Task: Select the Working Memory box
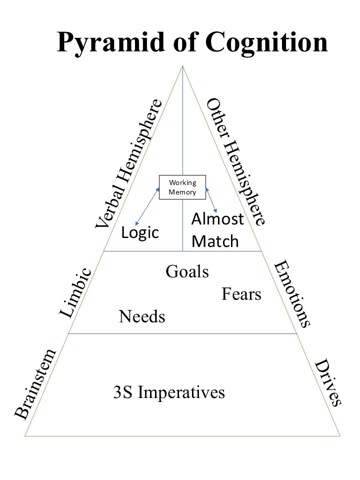[x=182, y=187]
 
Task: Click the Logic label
[x=140, y=232]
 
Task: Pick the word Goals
[x=187, y=271]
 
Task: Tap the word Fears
[x=241, y=294]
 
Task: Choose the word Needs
[x=142, y=316]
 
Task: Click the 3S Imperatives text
[x=169, y=392]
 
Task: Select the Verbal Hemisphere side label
[x=129, y=164]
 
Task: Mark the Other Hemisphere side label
[x=235, y=161]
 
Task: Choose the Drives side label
[x=328, y=382]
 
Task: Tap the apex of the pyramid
[x=182, y=65]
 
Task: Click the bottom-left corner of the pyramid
[x=25, y=436]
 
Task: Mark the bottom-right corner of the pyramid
[x=340, y=436]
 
